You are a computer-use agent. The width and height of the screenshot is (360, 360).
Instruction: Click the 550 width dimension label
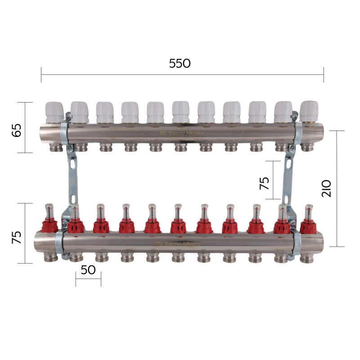pos(180,63)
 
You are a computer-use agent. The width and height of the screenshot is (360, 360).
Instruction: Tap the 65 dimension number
pos(17,130)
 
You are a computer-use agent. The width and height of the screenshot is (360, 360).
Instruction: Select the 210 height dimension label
pos(326,188)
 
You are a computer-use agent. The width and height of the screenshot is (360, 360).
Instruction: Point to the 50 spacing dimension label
pos(88,270)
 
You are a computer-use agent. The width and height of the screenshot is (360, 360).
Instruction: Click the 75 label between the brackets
pos(264,183)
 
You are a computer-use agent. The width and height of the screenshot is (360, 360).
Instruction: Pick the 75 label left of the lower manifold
pos(17,237)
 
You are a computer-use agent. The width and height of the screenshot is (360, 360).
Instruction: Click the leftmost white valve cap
pos(54,112)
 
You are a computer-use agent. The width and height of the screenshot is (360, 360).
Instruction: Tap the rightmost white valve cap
pos(309,111)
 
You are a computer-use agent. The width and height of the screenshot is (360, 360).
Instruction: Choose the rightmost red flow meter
pos(309,218)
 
